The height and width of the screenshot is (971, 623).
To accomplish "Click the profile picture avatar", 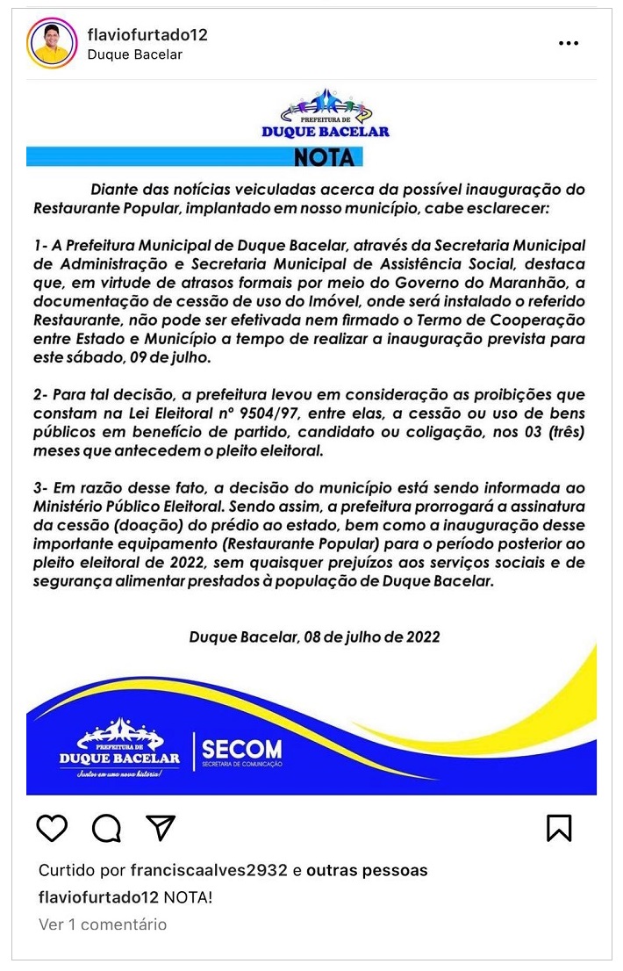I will (52, 43).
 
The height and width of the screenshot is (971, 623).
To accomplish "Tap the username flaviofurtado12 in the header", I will (147, 34).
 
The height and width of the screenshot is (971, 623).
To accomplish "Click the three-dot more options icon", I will (569, 43).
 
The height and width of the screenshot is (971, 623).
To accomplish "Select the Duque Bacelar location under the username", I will (135, 54).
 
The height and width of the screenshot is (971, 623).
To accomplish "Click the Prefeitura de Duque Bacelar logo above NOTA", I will (326, 113).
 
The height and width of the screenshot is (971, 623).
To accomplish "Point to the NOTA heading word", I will (325, 158).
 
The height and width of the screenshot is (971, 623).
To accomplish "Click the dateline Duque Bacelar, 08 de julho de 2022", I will (314, 637).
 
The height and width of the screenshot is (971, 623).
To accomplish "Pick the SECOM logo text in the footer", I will (241, 751).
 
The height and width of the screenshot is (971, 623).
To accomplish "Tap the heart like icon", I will (53, 827).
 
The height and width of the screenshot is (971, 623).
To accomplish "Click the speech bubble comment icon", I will (106, 827).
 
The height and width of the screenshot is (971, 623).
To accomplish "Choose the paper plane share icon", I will (161, 827).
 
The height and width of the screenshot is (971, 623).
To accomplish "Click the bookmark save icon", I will (559, 827).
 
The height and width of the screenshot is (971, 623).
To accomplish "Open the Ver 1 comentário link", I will (103, 924).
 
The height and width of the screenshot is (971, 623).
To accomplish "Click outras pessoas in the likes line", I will (367, 871).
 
